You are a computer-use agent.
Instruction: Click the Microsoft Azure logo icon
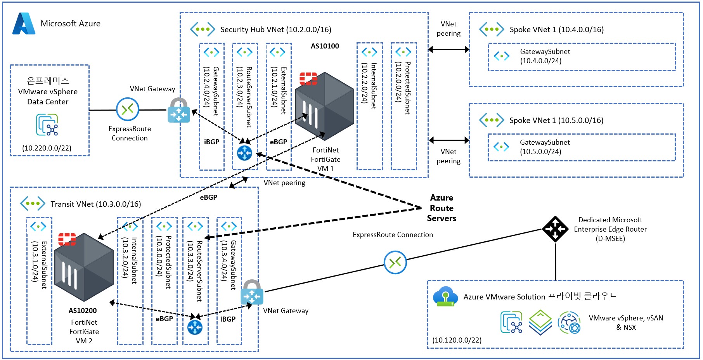point(24,24)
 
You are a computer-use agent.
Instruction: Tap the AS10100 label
point(325,46)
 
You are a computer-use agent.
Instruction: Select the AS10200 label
point(83,311)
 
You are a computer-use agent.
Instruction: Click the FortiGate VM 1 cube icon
point(324,106)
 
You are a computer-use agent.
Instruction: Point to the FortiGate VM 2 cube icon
point(84,267)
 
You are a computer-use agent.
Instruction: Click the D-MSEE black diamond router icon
point(555,229)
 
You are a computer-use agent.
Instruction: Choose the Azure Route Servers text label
point(442,208)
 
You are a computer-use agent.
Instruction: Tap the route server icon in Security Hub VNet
point(244,153)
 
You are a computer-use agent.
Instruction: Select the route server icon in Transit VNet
point(195,327)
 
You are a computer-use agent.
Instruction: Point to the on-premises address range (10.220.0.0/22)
point(47,148)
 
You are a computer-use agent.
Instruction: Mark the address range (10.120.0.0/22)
point(457,340)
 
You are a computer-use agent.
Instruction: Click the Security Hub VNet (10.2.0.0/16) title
point(276,29)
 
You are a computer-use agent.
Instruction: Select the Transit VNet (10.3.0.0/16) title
point(96,204)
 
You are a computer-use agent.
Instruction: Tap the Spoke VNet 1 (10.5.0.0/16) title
point(556,120)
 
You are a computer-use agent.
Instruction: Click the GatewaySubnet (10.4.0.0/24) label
point(545,56)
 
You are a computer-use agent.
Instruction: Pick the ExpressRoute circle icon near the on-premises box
point(128,109)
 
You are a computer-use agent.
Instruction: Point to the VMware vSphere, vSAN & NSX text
point(626,323)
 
